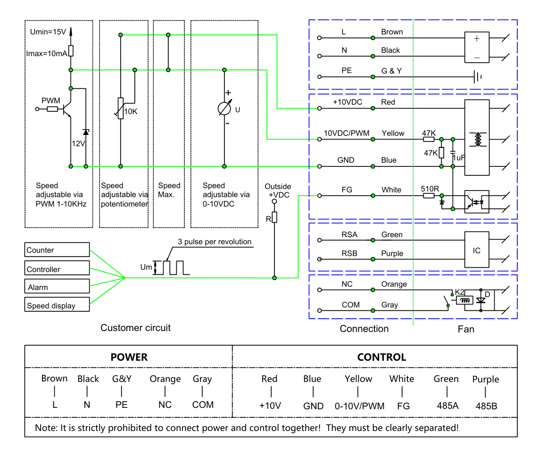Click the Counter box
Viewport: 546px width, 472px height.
tap(57, 250)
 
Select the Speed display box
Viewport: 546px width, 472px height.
tap(57, 305)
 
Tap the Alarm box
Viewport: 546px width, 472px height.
tap(57, 286)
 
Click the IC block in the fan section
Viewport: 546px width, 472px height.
tap(477, 250)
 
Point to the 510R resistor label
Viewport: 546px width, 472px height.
tap(430, 189)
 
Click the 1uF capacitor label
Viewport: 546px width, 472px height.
tap(459, 158)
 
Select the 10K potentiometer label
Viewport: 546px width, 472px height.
tap(131, 111)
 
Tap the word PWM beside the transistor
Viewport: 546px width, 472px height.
tap(51, 100)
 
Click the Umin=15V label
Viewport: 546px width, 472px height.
tap(48, 32)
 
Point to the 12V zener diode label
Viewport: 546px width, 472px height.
tap(78, 143)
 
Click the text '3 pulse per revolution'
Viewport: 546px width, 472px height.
tap(215, 242)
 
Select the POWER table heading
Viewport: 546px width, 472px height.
tap(129, 357)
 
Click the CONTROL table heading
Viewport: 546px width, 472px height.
tap(381, 357)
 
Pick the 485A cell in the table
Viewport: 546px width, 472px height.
tap(448, 406)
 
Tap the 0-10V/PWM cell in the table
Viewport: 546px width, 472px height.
tap(360, 406)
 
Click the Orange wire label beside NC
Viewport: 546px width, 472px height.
tap(394, 284)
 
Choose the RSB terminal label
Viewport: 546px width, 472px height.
tap(349, 253)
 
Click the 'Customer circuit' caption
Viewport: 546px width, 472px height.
tap(135, 328)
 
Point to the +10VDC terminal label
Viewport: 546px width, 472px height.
tap(347, 102)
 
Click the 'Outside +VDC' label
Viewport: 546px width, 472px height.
tap(278, 190)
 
